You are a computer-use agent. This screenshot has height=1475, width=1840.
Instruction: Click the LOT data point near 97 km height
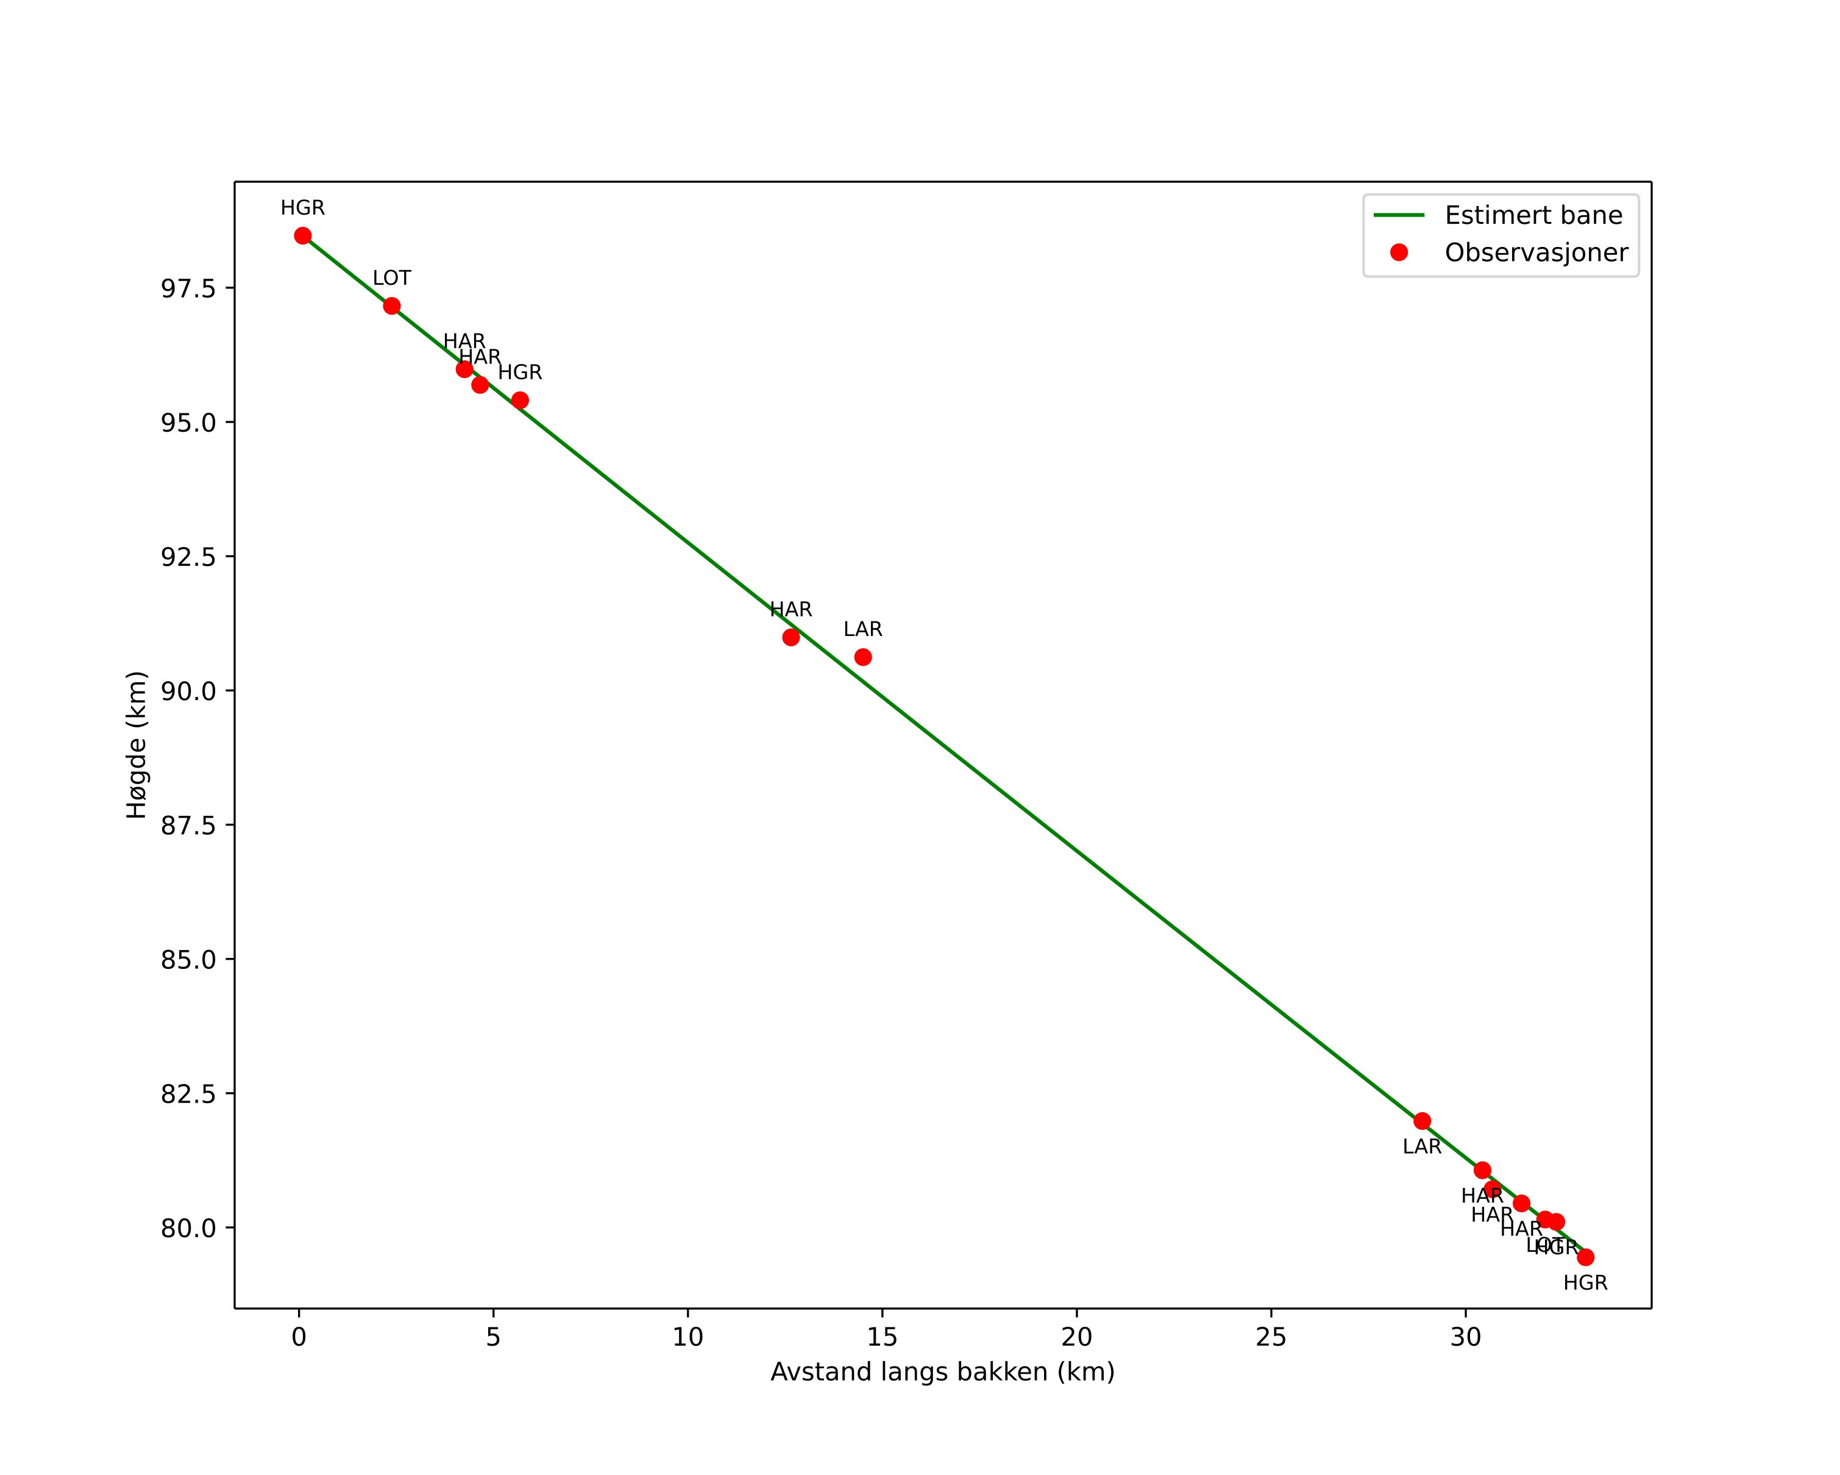392,307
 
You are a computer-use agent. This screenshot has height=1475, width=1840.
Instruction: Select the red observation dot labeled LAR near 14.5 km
863,657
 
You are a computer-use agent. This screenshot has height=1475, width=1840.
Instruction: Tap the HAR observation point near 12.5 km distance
791,638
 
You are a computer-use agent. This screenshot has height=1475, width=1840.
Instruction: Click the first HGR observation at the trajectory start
303,237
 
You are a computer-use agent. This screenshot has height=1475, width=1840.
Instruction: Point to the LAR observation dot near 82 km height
1422,1121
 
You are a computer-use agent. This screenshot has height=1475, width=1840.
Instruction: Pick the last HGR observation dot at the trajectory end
1586,1257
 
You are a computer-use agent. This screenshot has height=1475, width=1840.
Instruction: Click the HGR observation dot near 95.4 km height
520,401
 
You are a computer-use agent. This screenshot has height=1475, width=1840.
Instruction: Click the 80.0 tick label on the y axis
188,1228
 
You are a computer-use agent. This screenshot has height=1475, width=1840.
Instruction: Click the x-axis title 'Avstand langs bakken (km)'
942,1372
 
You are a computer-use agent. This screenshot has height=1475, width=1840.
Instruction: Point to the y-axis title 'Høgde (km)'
137,745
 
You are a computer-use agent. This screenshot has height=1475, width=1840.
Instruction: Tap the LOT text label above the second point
392,278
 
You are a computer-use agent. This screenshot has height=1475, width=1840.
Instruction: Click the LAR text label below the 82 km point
1422,1147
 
